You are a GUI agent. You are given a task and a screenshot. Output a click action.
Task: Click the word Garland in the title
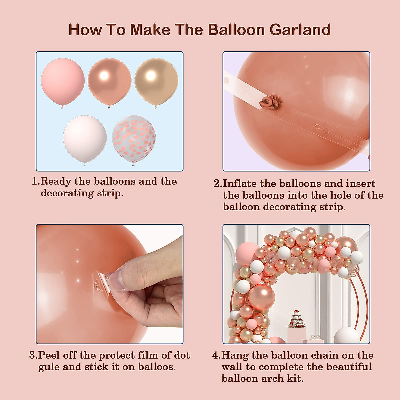pyautogui.click(x=300, y=30)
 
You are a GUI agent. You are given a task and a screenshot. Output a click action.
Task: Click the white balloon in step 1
pyautogui.click(x=85, y=138)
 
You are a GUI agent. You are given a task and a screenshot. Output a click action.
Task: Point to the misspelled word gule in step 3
pyautogui.click(x=49, y=367)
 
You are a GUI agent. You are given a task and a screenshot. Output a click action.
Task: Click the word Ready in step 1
pyautogui.click(x=56, y=182)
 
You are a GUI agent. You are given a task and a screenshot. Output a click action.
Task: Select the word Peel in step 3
pyautogui.click(x=49, y=355)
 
